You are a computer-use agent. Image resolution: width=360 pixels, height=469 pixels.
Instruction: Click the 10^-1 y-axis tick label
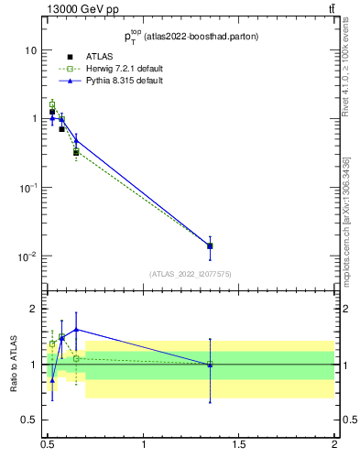27,187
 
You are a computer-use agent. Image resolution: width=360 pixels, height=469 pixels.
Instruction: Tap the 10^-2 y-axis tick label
27,256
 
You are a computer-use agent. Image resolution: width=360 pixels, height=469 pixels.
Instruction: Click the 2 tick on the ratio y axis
34,309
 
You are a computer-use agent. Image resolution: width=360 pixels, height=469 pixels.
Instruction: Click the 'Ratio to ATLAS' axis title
13,365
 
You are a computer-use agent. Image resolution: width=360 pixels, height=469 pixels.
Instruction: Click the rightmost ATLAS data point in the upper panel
210,245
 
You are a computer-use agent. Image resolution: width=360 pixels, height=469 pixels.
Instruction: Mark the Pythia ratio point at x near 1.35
210,365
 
